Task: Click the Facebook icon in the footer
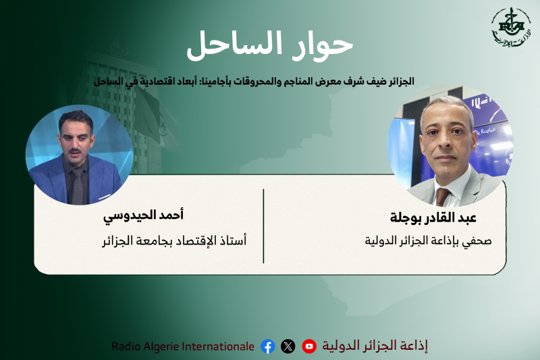[268, 346]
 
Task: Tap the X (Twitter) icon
[288, 346]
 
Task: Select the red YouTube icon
[309, 346]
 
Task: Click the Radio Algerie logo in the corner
[510, 31]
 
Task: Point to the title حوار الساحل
[270, 45]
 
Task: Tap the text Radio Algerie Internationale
[183, 346]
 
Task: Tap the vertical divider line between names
[263, 226]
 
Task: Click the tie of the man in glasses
[443, 195]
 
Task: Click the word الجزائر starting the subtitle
[398, 80]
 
